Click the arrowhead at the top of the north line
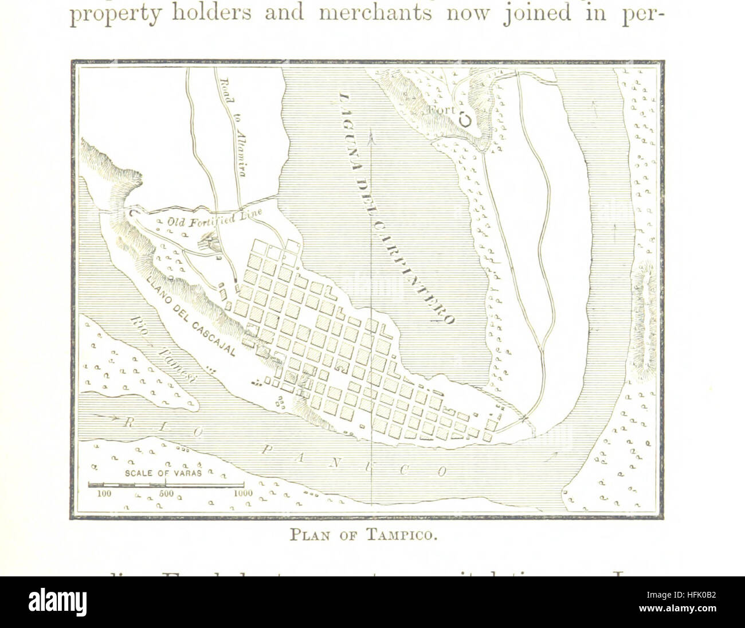click(372, 136)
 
